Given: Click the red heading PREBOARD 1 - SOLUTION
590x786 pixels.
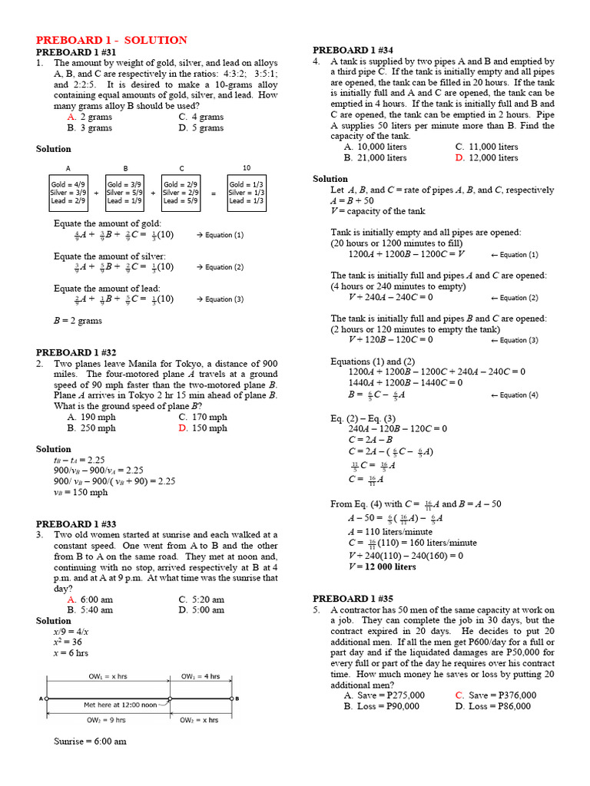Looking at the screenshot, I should click(x=111, y=40).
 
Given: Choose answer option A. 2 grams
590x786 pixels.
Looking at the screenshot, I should click(x=90, y=117).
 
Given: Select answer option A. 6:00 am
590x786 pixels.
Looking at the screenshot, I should click(x=90, y=599).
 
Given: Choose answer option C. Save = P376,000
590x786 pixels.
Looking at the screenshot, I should click(x=496, y=695).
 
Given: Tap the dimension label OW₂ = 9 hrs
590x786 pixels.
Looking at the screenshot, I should click(x=104, y=720).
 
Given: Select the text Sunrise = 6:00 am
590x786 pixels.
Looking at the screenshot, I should click(x=90, y=741).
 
